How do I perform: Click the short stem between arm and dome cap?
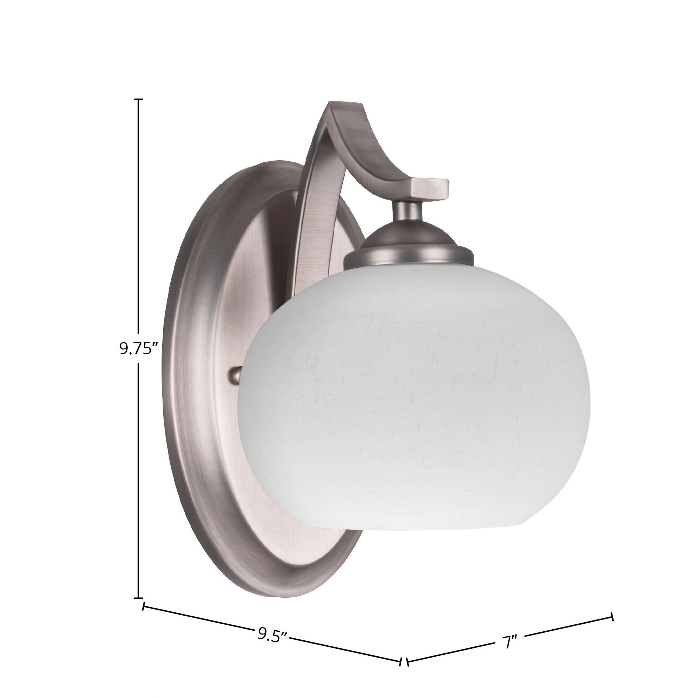pyautogui.click(x=408, y=211)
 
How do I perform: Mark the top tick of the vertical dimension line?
pyautogui.click(x=138, y=99)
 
